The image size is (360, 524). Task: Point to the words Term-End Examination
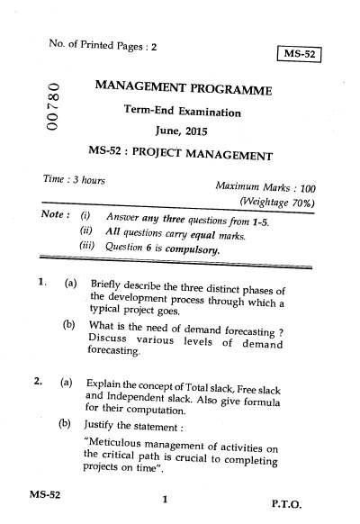coord(184,112)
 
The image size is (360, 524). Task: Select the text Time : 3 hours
coord(74,179)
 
